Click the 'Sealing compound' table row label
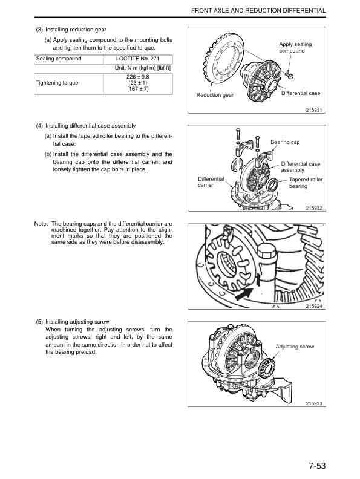click(x=59, y=59)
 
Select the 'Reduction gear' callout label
click(x=215, y=96)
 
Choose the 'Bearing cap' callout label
click(x=285, y=142)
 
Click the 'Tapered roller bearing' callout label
click(x=306, y=183)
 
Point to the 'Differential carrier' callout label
click(x=211, y=183)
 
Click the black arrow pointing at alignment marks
click(x=243, y=294)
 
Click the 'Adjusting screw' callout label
click(x=295, y=347)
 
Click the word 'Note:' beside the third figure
click(x=41, y=224)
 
